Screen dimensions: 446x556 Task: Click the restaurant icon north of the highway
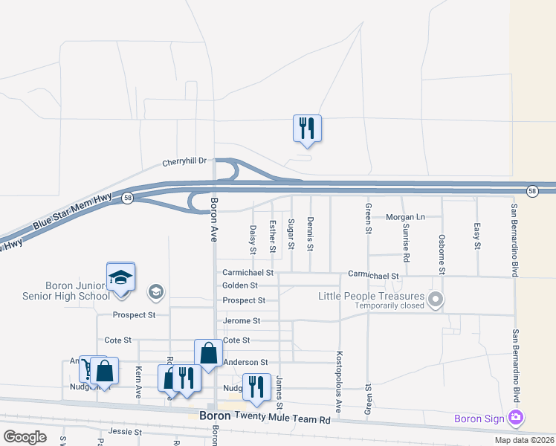306,129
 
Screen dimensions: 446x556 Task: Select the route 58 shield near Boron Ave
128,198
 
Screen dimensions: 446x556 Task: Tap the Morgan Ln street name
404,217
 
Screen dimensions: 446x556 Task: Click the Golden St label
239,285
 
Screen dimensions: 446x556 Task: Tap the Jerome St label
242,321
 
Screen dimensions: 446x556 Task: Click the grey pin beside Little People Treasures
436,300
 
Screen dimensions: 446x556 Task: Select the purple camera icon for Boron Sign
515,418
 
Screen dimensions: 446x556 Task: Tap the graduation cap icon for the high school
120,277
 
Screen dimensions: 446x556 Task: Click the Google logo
25,436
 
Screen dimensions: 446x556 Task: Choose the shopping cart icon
87,368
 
